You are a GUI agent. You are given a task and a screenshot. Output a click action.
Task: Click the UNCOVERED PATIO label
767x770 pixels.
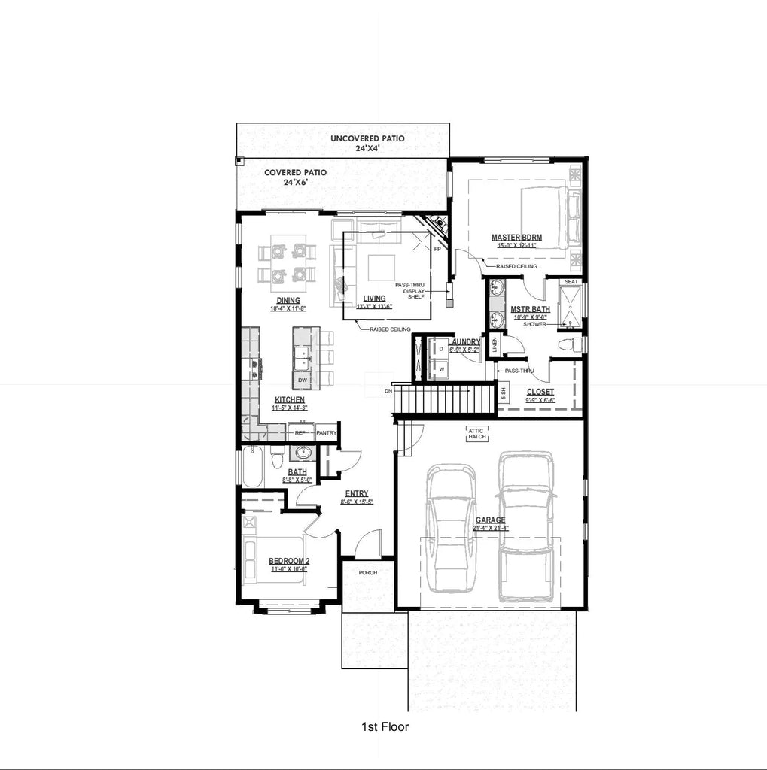tap(367, 138)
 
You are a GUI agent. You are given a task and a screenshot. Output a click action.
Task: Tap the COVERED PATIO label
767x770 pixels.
tap(295, 172)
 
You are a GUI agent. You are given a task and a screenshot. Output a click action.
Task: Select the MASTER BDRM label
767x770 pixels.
tap(516, 238)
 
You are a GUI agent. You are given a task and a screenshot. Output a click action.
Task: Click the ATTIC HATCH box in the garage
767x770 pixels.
tap(477, 433)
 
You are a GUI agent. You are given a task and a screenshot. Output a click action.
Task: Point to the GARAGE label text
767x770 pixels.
tap(490, 520)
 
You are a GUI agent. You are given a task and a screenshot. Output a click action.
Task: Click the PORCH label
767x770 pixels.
tap(367, 572)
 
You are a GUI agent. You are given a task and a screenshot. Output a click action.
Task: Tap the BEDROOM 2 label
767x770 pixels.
tap(289, 561)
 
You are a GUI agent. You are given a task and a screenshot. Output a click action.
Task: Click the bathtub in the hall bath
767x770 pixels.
tap(252, 467)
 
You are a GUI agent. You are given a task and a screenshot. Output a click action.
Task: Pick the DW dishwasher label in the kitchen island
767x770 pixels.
tap(302, 380)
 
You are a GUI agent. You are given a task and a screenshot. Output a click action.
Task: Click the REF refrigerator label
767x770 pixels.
tap(300, 432)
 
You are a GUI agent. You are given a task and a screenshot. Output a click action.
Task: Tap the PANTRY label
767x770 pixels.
tap(326, 432)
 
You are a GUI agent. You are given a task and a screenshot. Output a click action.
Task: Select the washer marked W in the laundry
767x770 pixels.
tap(442, 369)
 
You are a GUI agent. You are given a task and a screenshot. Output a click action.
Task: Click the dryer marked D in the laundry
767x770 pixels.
tap(441, 350)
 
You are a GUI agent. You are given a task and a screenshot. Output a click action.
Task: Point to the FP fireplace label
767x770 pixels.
tap(437, 249)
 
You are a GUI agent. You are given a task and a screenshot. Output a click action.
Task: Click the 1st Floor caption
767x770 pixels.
tap(385, 726)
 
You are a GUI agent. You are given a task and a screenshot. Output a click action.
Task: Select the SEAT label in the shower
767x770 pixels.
tap(571, 282)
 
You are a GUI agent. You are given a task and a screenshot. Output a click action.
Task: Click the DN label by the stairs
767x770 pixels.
tap(388, 391)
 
